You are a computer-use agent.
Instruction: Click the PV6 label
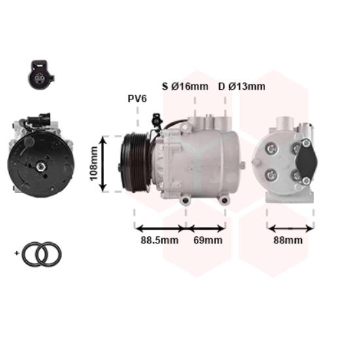tap(137, 99)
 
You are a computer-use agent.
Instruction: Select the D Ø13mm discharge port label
tap(242, 86)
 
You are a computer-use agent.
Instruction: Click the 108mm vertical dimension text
tap(94, 164)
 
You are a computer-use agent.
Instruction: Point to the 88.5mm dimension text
tap(159, 240)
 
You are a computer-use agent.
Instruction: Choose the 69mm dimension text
tap(207, 240)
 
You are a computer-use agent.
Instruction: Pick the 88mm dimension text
tap(288, 240)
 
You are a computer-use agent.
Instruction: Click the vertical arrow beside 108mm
tap(103, 164)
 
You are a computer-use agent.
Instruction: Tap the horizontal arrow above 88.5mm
tap(160, 228)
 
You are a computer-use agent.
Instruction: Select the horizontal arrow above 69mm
tap(207, 228)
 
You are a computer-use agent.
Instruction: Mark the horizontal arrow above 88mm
tap(291, 228)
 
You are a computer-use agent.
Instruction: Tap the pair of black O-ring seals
tap(41, 253)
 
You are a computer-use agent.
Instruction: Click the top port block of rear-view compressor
tap(283, 123)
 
